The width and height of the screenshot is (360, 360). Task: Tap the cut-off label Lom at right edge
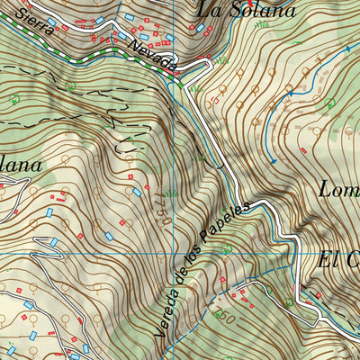click(340, 188)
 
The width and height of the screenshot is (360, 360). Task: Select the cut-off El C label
click(339, 259)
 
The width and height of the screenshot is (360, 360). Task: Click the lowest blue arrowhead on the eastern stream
click(271, 161)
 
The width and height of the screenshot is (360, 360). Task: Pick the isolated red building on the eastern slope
click(305, 150)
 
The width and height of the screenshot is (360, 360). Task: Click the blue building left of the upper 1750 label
click(137, 192)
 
